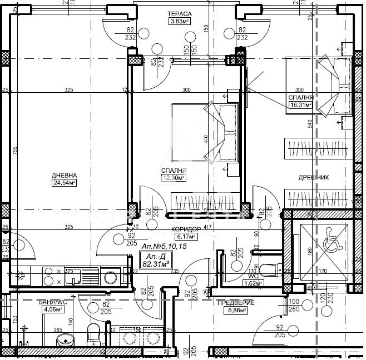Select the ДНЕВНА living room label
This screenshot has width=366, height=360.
click(x=64, y=173)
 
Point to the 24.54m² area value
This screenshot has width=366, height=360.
click(x=64, y=182)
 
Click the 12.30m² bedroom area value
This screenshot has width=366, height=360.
click(x=173, y=178)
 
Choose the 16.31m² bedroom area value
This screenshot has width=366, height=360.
click(x=300, y=104)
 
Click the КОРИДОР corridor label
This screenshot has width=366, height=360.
click(x=186, y=229)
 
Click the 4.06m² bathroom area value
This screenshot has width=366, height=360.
click(x=51, y=311)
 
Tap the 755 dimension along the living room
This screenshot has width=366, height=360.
click(x=16, y=151)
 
